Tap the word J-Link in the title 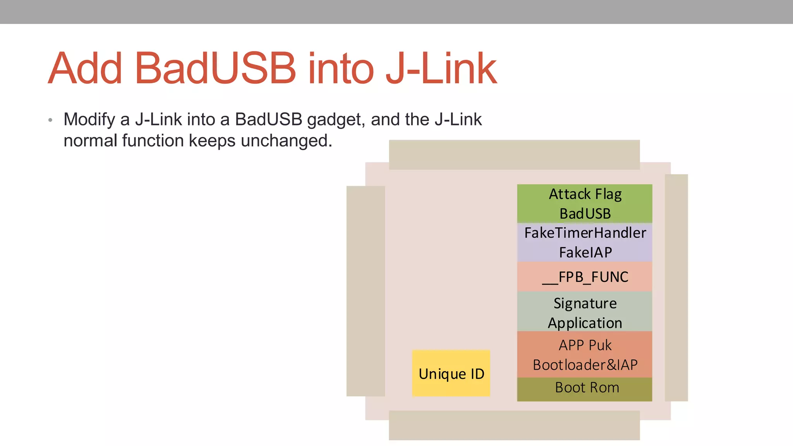(441, 69)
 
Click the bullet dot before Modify (50, 120)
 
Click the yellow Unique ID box (451, 374)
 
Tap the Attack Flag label (585, 194)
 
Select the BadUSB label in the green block (585, 214)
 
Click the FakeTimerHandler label (585, 233)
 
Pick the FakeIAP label (585, 252)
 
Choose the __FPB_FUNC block (585, 277)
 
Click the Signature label (585, 303)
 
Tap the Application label (585, 323)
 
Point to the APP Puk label (585, 345)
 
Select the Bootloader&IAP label (585, 365)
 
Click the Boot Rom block (586, 388)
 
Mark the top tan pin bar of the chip (514, 155)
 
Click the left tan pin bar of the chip (366, 291)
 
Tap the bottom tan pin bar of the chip (514, 425)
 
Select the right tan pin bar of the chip (676, 288)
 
